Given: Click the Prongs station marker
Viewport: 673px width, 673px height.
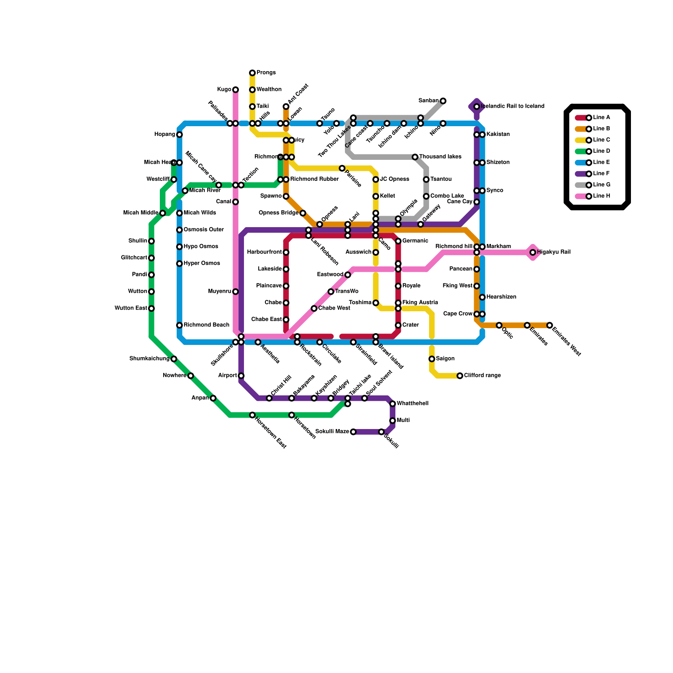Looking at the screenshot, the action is pos(252,73).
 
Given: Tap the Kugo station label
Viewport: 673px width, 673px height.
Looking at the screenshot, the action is pos(224,90).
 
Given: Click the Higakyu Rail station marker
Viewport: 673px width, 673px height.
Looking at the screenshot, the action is pos(533,252).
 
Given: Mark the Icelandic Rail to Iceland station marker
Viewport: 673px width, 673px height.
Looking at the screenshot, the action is pos(477,107).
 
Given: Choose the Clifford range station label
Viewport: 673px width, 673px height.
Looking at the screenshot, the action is pos(482,376).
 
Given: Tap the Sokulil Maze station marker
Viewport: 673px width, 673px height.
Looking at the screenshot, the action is pos(353,432).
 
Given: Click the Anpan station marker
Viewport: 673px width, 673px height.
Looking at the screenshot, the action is pos(213,398).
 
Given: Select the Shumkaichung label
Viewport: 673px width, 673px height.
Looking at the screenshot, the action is pos(149,359).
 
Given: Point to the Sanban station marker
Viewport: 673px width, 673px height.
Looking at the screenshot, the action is pos(443,101).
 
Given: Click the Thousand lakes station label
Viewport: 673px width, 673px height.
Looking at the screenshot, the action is pos(440,157).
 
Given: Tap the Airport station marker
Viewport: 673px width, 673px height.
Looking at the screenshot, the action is pos(241,376).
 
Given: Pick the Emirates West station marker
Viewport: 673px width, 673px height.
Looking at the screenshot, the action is pos(550,325).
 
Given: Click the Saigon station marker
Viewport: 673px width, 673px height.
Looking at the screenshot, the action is pos(432,359).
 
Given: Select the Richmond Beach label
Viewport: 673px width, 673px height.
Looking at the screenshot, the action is pos(206,325).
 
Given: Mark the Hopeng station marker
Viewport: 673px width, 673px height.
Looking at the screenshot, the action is pos(180,135).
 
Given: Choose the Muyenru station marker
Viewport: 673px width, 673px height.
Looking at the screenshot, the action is pos(236,291).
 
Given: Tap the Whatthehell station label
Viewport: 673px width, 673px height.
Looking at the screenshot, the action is pos(413,404).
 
